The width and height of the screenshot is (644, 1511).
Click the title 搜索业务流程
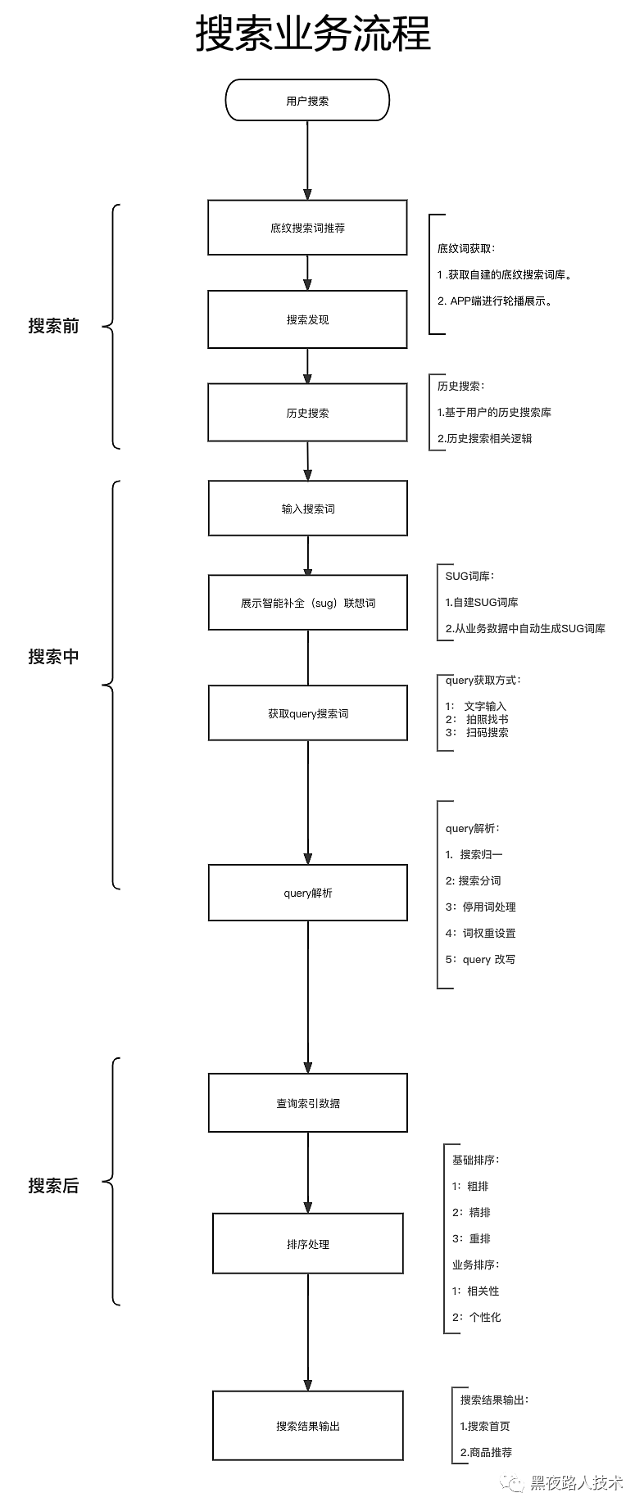pos(313,34)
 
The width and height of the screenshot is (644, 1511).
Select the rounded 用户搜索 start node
pos(307,101)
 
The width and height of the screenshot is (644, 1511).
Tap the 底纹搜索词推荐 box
pos(307,228)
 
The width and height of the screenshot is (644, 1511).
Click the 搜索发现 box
pos(307,319)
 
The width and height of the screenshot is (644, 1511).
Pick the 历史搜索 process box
pos(307,413)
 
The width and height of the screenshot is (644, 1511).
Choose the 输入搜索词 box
pos(307,509)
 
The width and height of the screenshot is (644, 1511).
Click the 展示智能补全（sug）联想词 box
pos(307,603)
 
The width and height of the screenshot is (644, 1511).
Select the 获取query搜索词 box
pos(307,713)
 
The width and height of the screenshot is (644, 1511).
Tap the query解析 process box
pos(307,893)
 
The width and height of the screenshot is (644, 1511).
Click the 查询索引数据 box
pos(307,1103)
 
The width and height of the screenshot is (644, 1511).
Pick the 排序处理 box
pos(307,1244)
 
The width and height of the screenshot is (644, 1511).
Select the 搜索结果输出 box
pos(307,1426)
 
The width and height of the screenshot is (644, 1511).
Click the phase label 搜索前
pos(53,326)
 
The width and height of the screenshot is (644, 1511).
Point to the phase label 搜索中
pos(53,657)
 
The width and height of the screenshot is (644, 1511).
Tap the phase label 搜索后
pos(53,1185)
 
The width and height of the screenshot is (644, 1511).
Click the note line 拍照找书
pos(487,719)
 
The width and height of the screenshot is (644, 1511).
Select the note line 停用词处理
pos(488,907)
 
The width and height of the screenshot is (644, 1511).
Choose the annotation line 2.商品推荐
pos(486,1452)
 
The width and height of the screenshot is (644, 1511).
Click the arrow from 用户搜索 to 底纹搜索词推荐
pos(307,160)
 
